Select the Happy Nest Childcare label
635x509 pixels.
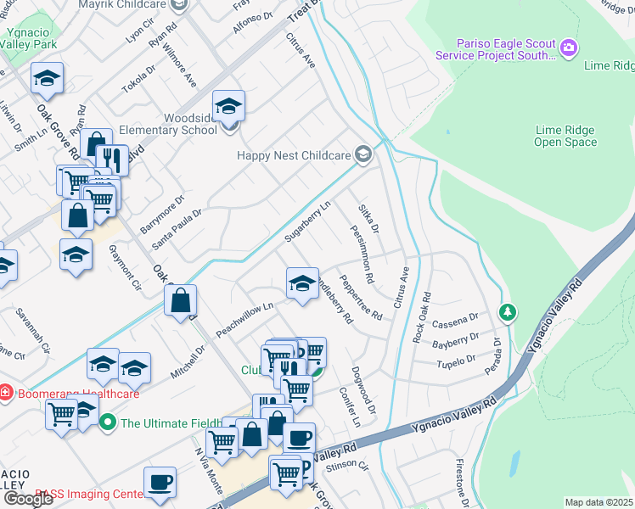305,155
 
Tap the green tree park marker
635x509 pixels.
507,313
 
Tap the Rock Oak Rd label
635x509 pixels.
422,318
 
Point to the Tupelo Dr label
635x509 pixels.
452,359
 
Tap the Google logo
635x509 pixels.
28,499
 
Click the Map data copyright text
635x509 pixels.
599,502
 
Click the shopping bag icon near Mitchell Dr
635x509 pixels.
181,300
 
